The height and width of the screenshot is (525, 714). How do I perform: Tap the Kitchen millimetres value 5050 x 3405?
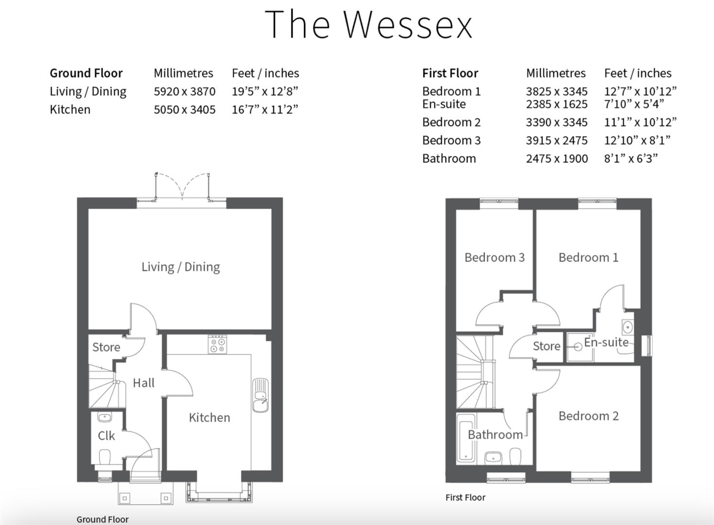(x=184, y=110)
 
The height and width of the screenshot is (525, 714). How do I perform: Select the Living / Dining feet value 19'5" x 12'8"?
(x=264, y=91)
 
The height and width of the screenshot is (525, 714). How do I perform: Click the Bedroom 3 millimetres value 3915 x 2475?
(x=557, y=140)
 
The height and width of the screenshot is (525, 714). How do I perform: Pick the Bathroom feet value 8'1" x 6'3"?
(x=630, y=158)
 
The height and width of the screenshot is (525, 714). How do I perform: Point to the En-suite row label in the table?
(x=444, y=104)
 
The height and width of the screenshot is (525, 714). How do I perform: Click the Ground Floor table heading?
(x=86, y=73)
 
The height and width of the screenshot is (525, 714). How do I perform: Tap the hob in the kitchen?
(x=217, y=345)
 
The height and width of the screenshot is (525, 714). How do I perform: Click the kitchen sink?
(x=260, y=394)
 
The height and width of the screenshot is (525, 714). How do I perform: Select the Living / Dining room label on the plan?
(x=180, y=267)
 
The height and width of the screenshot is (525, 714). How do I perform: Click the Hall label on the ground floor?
(x=143, y=383)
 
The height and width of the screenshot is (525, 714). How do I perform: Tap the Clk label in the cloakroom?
(x=106, y=436)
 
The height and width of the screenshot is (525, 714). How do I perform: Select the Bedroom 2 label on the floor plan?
(x=588, y=416)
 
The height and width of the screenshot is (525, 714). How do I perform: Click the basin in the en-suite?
(x=627, y=326)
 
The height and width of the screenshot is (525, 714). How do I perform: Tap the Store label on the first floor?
(x=546, y=346)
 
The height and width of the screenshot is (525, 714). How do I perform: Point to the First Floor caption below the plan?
(x=465, y=497)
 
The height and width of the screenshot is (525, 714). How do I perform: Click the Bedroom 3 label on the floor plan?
(x=494, y=258)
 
